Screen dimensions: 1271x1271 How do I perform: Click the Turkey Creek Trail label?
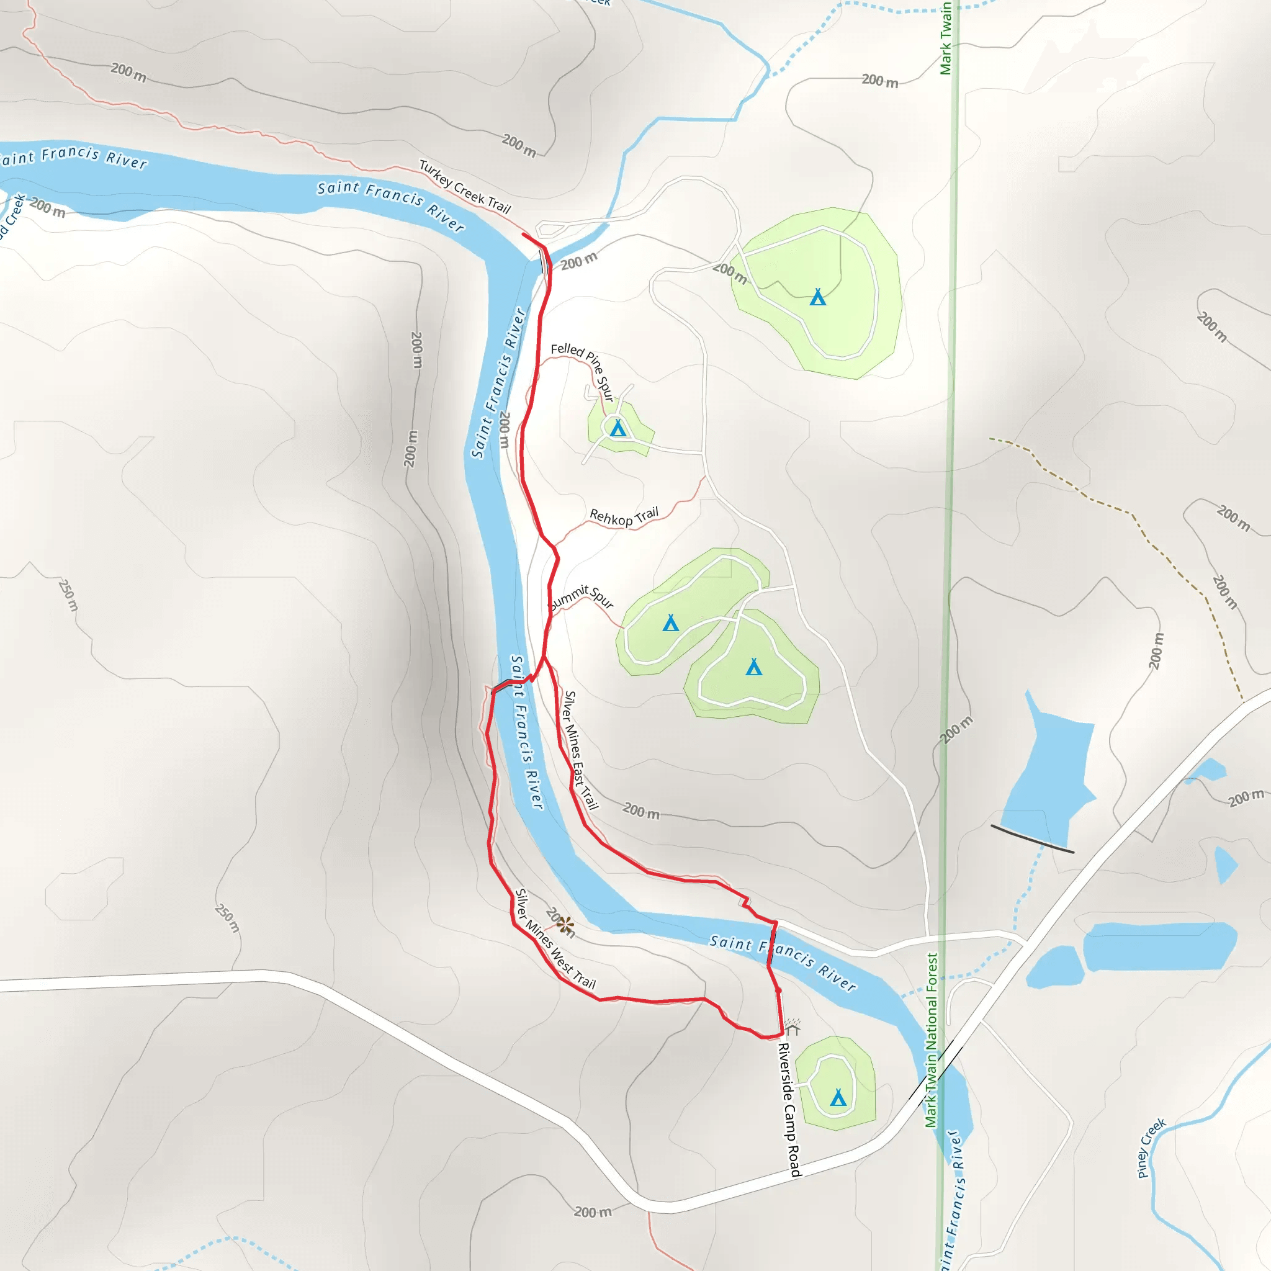pyautogui.click(x=465, y=187)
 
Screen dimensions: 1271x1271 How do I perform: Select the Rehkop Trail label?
pyautogui.click(x=624, y=516)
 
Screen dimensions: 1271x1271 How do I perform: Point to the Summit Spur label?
pyautogui.click(x=581, y=598)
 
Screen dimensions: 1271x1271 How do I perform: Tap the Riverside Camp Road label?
pyautogui.click(x=789, y=1109)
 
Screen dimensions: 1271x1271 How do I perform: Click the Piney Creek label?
pyautogui.click(x=1151, y=1147)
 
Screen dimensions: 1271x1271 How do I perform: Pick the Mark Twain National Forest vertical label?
pyautogui.click(x=932, y=1040)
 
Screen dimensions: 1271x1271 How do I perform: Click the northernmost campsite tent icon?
pyautogui.click(x=818, y=297)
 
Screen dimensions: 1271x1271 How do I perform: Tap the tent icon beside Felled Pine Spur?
pyautogui.click(x=618, y=428)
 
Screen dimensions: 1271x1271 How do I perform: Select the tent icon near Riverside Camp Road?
pyautogui.click(x=837, y=1097)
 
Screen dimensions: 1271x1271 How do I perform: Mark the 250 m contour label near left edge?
pyautogui.click(x=68, y=595)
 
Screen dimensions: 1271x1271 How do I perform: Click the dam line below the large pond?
pyautogui.click(x=1032, y=839)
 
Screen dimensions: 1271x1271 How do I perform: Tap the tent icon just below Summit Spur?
pyautogui.click(x=670, y=622)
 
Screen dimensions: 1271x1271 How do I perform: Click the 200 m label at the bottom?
pyautogui.click(x=592, y=1211)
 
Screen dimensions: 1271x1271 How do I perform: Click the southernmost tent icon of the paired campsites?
pyautogui.click(x=754, y=667)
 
